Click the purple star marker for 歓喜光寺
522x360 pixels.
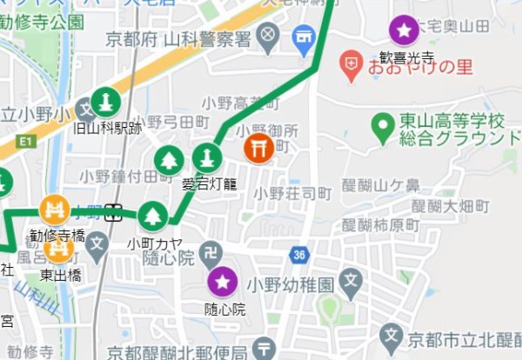click(x=404, y=31)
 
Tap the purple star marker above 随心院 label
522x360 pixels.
click(x=223, y=281)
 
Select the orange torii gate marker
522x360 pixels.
click(x=258, y=147)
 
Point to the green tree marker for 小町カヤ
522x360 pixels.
click(x=153, y=216)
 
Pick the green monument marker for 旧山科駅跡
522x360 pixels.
click(x=106, y=103)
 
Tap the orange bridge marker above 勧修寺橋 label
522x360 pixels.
click(x=55, y=210)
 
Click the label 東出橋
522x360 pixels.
click(x=60, y=274)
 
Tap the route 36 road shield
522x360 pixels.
click(x=300, y=255)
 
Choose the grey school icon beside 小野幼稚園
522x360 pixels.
click(x=351, y=280)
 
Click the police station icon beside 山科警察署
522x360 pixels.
click(x=269, y=37)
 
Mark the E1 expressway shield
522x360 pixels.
click(x=23, y=140)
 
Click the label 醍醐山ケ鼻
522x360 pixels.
click(x=380, y=185)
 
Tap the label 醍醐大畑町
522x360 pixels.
click(x=452, y=206)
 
